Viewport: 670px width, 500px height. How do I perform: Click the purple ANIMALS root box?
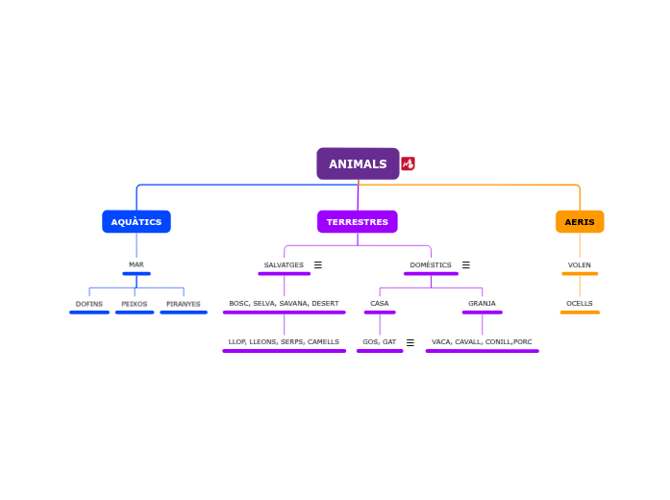[x=358, y=163]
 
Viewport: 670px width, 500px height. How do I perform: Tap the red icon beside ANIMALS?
[x=409, y=163]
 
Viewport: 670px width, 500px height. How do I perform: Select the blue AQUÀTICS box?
[x=136, y=222]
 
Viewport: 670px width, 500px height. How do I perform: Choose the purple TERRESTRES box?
[x=358, y=222]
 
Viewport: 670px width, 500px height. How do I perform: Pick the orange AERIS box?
[x=580, y=222]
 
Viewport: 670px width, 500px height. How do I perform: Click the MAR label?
[x=136, y=264]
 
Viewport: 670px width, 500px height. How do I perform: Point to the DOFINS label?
[x=89, y=304]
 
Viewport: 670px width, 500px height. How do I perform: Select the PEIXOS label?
[x=135, y=304]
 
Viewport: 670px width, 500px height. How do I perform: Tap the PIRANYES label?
[x=184, y=304]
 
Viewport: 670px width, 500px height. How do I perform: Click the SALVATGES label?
[x=284, y=264]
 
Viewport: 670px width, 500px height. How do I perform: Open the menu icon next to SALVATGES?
[x=318, y=264]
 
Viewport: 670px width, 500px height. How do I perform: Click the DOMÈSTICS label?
[x=431, y=264]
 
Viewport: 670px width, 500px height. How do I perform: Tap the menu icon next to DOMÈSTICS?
[x=466, y=264]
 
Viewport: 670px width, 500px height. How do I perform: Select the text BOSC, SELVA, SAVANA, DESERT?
[x=284, y=304]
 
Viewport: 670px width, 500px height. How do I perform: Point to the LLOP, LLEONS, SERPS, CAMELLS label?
[x=284, y=342]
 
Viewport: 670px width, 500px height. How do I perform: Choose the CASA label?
[x=380, y=304]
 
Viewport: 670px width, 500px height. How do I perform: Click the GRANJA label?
[x=482, y=304]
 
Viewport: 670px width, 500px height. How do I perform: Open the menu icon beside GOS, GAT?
[x=410, y=342]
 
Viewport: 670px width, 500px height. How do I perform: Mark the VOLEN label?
[x=580, y=264]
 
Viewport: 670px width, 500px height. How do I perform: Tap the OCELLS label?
[x=580, y=304]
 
